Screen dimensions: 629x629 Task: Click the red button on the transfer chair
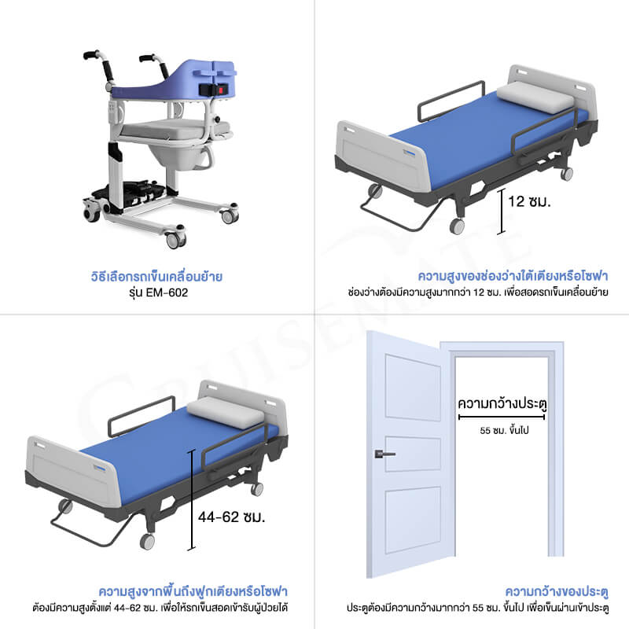pyautogui.click(x=220, y=90)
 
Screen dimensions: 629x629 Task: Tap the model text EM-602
pyautogui.click(x=167, y=292)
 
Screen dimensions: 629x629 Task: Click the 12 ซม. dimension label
pyautogui.click(x=529, y=201)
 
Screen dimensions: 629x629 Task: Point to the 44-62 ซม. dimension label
pyautogui.click(x=231, y=517)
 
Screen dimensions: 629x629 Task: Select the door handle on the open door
pyautogui.click(x=384, y=454)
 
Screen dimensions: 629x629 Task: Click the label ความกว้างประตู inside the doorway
pyautogui.click(x=502, y=403)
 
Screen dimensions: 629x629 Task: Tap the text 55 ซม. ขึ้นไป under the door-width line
pyautogui.click(x=504, y=430)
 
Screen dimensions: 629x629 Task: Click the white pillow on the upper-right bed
pyautogui.click(x=535, y=97)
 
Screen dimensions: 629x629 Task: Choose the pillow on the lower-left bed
pyautogui.click(x=226, y=413)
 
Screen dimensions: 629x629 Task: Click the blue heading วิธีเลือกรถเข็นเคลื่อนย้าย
pyautogui.click(x=156, y=277)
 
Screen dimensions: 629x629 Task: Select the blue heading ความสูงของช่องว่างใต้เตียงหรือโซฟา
pyautogui.click(x=513, y=276)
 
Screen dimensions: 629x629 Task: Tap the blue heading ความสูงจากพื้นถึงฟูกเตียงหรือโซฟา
pyautogui.click(x=193, y=591)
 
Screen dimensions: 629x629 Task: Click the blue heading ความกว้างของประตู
pyautogui.click(x=557, y=591)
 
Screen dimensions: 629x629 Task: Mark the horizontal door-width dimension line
pyautogui.click(x=502, y=417)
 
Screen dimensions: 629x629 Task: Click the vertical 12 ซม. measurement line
pyautogui.click(x=501, y=212)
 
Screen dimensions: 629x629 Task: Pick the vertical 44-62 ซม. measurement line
pyautogui.click(x=192, y=499)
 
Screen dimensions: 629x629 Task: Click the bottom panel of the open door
pyautogui.click(x=413, y=520)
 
